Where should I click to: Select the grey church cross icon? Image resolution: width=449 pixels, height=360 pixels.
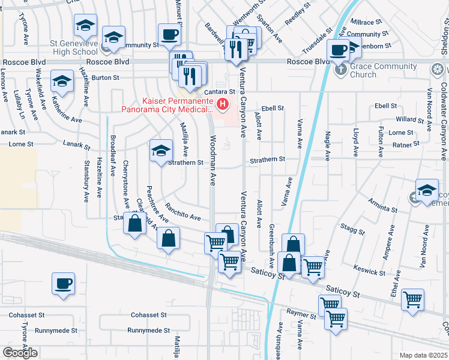(x=340, y=70)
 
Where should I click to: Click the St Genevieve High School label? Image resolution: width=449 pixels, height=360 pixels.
(x=74, y=48)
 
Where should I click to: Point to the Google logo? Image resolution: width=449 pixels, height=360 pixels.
(x=20, y=352)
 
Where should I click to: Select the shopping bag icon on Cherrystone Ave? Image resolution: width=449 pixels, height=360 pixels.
(x=135, y=223)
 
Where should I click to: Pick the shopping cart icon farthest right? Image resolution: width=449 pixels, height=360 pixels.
(x=412, y=298)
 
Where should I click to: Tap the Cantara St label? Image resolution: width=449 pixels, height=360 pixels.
(x=217, y=91)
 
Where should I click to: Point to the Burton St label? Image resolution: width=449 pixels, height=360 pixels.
(x=106, y=78)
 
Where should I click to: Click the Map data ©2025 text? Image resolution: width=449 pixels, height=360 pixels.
(x=423, y=355)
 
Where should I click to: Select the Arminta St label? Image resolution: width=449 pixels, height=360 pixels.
(x=384, y=207)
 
